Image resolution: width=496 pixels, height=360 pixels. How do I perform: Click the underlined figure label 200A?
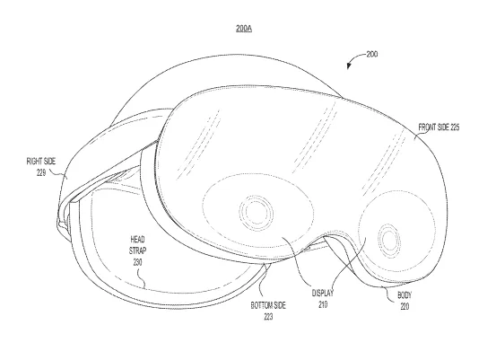[244, 29]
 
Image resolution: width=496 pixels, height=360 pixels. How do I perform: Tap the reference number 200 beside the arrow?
[372, 54]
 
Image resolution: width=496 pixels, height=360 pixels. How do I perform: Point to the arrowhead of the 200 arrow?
[349, 66]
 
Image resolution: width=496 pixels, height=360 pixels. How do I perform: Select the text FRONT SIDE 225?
[439, 127]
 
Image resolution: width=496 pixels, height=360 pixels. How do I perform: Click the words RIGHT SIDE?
[41, 162]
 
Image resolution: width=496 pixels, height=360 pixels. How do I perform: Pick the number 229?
[41, 173]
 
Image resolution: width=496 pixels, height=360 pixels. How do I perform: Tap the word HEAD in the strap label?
[137, 239]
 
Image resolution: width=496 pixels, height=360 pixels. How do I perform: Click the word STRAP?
[137, 250]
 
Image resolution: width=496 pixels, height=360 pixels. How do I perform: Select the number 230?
[137, 262]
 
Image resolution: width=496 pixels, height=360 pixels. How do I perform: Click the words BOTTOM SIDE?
[268, 305]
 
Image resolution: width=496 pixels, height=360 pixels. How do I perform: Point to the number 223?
[268, 317]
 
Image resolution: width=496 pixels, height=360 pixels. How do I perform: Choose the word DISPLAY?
[323, 294]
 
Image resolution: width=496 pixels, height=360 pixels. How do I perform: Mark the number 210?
[323, 304]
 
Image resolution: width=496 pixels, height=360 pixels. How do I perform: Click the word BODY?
[405, 295]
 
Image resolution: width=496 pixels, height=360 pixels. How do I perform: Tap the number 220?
[405, 306]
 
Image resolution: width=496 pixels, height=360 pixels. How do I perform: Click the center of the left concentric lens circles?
[257, 212]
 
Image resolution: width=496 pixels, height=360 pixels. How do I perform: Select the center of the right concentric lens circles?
[389, 239]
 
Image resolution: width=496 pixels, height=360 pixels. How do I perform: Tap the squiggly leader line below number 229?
[57, 174]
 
